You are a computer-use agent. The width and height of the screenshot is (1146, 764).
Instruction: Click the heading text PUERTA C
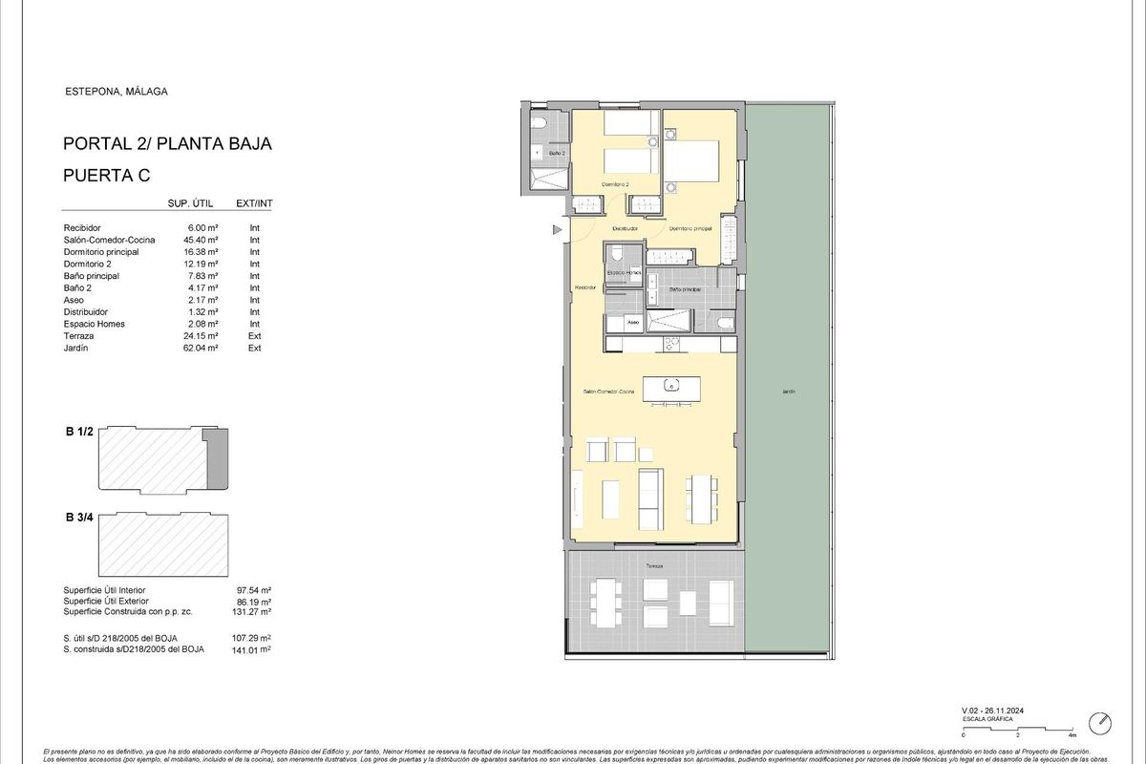click(106, 175)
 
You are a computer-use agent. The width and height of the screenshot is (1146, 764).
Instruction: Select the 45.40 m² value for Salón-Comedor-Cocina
click(203, 240)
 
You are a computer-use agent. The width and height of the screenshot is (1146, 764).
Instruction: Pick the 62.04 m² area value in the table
click(203, 349)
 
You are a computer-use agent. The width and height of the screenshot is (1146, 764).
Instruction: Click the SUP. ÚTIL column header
click(188, 203)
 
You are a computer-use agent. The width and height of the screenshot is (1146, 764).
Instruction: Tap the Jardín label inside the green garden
click(788, 392)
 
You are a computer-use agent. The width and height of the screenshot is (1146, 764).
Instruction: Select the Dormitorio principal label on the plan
click(690, 228)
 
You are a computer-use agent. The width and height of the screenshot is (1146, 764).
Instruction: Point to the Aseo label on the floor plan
click(632, 323)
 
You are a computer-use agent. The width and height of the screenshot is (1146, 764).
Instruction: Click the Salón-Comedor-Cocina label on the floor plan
click(609, 392)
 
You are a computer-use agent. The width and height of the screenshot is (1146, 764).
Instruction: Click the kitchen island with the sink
click(671, 388)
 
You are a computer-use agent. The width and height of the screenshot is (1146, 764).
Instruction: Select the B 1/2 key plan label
click(79, 433)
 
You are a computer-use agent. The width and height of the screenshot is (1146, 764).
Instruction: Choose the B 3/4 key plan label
click(79, 518)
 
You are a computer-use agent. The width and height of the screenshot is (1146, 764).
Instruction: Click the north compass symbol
click(1102, 721)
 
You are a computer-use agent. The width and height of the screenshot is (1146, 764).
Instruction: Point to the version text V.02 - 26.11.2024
click(998, 711)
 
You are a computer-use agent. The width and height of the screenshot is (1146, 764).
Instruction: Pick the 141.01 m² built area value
click(253, 649)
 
